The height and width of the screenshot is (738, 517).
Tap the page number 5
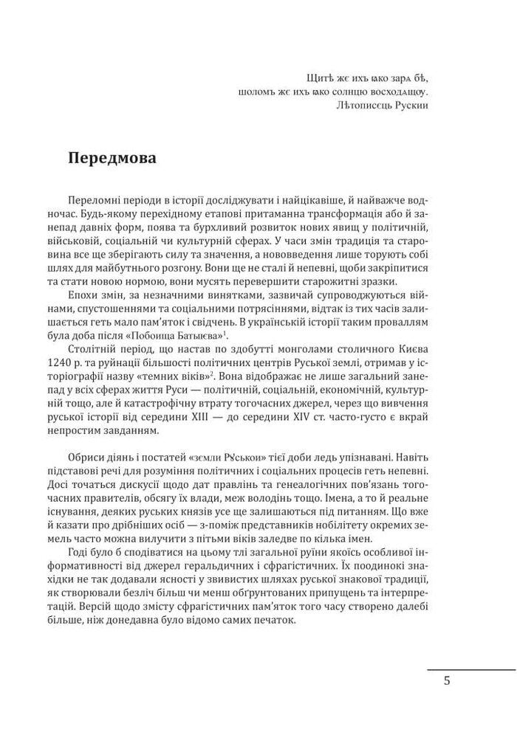[x=447, y=680]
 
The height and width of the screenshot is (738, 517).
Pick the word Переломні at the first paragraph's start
[x=92, y=201]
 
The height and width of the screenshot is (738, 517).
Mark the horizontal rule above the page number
[x=471, y=669]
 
